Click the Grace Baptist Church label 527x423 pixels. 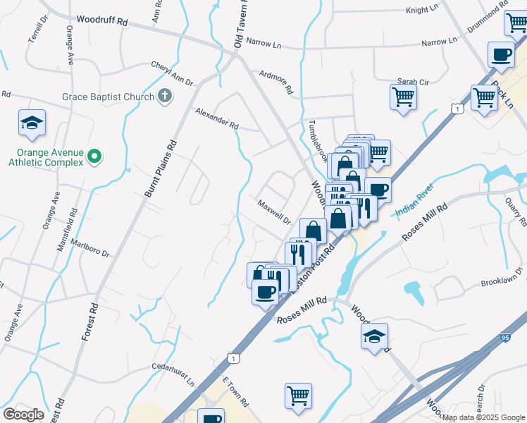pos(106,96)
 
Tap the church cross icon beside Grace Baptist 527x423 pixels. pos(165,95)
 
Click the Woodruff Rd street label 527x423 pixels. pos(101,22)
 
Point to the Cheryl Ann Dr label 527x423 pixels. pos(172,74)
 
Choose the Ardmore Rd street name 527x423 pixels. pos(275,80)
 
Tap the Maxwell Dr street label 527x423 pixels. pos(274,211)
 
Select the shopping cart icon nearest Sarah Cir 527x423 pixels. pos(403,97)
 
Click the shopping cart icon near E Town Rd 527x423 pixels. pos(298,395)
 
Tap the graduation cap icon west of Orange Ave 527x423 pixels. pos(32,123)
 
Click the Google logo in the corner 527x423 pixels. pos(25,414)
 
